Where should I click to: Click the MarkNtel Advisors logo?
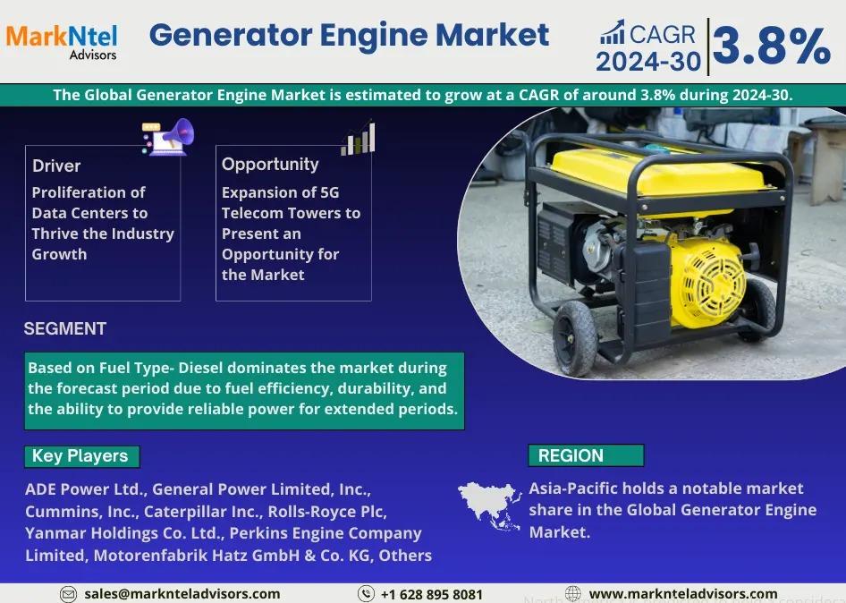click(x=62, y=41)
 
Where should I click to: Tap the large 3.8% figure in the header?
click(x=772, y=46)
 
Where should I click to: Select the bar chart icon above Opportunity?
click(x=358, y=139)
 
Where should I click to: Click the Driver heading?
click(x=56, y=166)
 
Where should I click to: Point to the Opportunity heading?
click(x=270, y=164)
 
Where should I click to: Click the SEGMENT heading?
click(x=64, y=328)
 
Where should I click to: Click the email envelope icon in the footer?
click(x=68, y=594)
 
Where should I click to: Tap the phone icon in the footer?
click(x=366, y=594)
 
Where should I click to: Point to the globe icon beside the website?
click(x=573, y=593)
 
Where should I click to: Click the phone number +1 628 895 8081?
click(x=432, y=594)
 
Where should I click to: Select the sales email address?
click(x=182, y=594)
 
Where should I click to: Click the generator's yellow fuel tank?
click(x=658, y=172)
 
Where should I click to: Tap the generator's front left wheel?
click(x=575, y=338)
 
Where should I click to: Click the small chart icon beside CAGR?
click(x=613, y=32)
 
